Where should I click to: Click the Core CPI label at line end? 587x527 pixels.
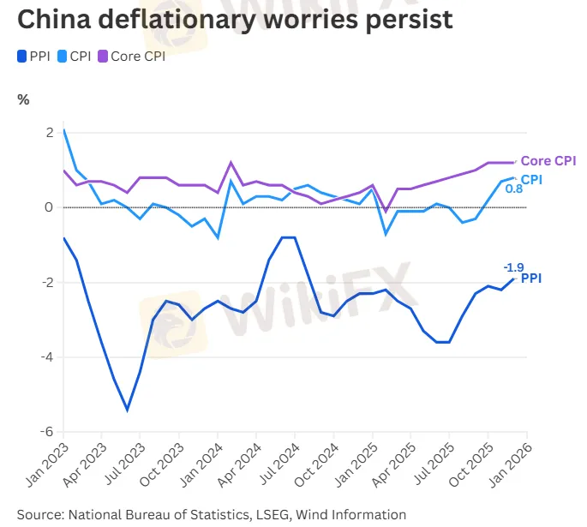(x=548, y=161)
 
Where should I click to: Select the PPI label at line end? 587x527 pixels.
(x=531, y=278)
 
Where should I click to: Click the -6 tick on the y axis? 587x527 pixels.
(x=48, y=432)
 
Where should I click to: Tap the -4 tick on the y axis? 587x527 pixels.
(x=48, y=357)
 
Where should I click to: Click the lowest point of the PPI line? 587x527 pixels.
(x=127, y=410)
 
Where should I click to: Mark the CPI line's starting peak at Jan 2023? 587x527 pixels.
(x=64, y=130)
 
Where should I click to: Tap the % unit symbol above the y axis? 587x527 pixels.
(x=23, y=99)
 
